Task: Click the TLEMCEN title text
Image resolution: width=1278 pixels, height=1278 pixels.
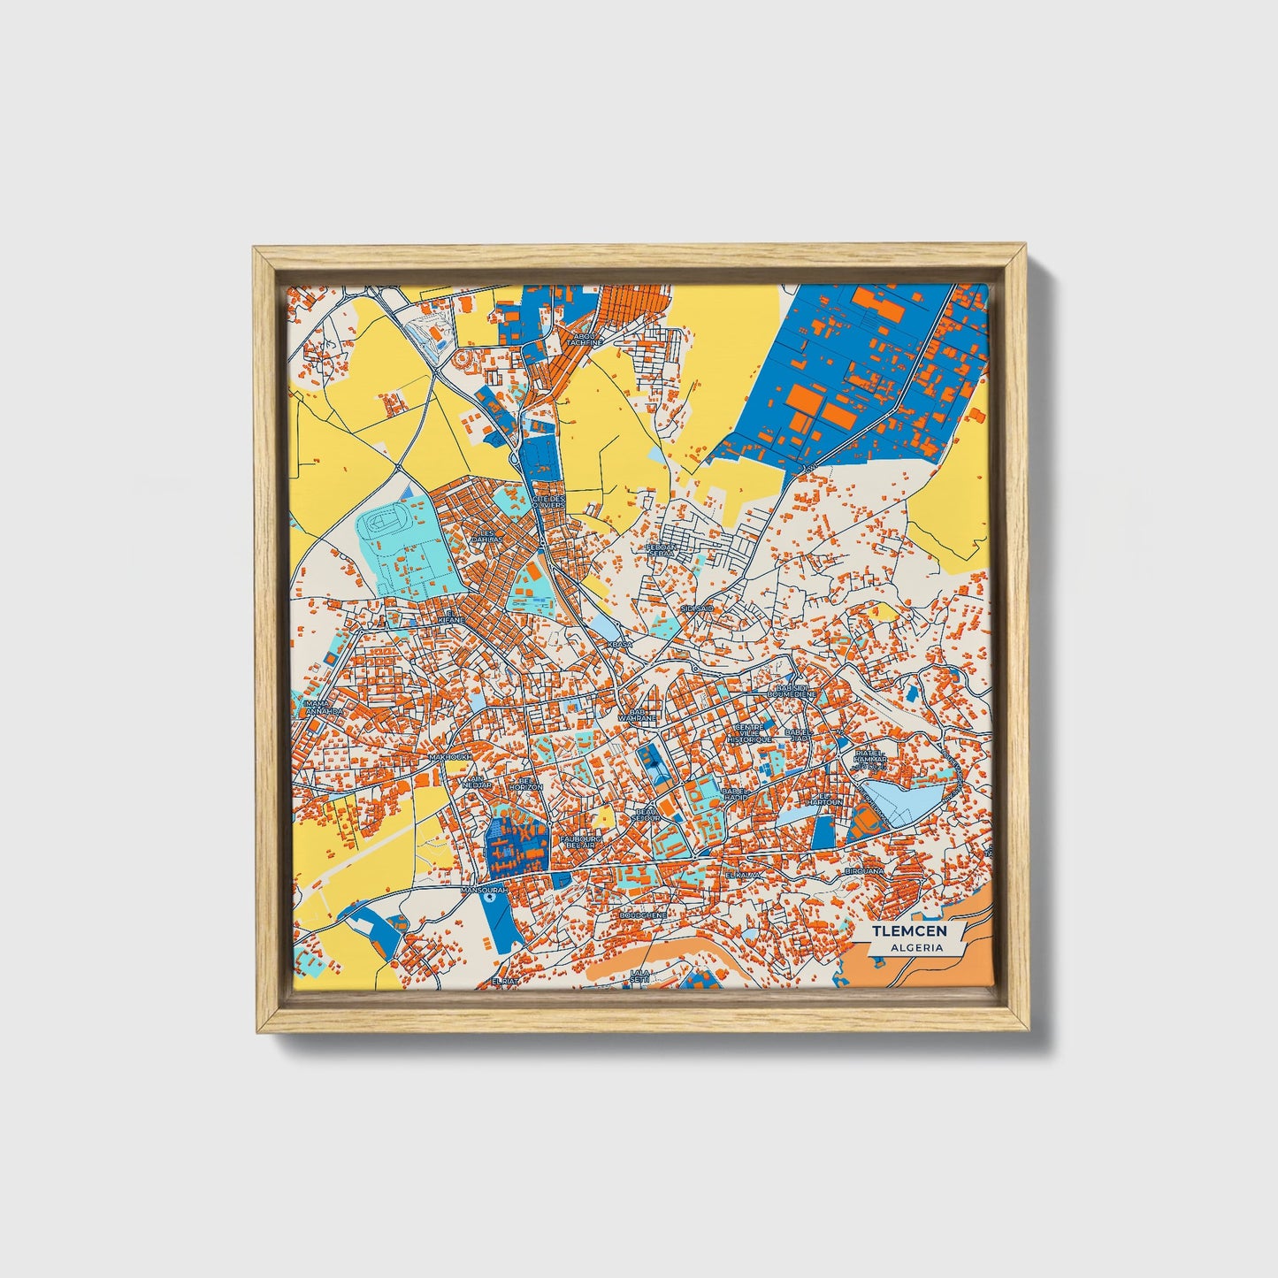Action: click(x=909, y=930)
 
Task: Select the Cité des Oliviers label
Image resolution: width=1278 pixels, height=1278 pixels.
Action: click(x=547, y=502)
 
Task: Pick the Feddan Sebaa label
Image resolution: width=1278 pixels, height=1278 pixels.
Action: click(x=663, y=550)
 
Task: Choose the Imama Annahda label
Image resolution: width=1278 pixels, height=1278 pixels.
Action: click(x=316, y=707)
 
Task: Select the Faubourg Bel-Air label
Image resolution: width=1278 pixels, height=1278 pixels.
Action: click(x=582, y=841)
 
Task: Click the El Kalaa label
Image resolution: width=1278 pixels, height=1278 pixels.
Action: click(x=742, y=874)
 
